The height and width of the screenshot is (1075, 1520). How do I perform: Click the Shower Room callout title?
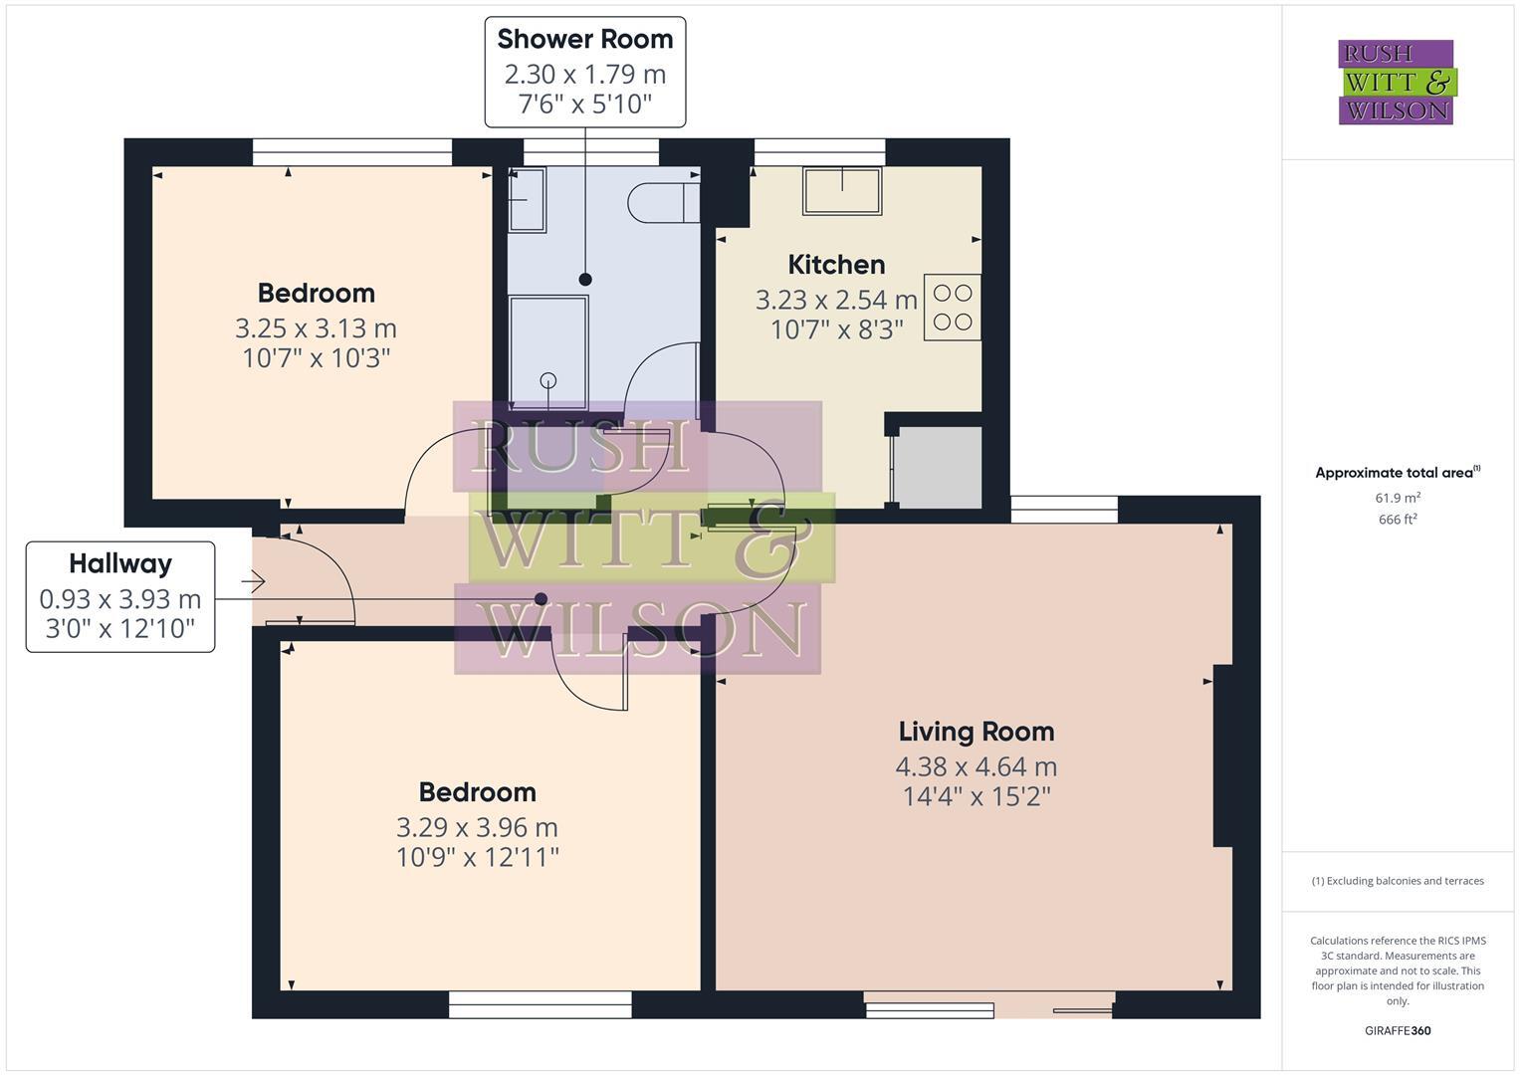(584, 39)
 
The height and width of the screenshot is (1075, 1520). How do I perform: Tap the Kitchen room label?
(836, 265)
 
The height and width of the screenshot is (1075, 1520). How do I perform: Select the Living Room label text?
(976, 732)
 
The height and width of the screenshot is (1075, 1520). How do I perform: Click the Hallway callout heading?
(120, 564)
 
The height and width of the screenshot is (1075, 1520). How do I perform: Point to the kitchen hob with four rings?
(952, 308)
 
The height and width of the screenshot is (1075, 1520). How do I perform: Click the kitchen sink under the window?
(842, 191)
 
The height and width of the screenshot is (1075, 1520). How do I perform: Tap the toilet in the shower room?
(662, 203)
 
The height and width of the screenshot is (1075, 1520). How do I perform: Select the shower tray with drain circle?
(547, 350)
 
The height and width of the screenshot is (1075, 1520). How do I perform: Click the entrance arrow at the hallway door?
(253, 581)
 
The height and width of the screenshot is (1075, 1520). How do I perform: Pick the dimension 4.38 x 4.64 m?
(976, 766)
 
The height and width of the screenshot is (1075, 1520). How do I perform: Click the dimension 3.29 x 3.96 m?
(477, 827)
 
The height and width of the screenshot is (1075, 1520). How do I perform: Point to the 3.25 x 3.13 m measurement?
(316, 327)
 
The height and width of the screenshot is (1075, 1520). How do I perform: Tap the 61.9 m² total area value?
(1397, 498)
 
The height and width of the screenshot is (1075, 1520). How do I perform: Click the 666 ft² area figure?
(1397, 519)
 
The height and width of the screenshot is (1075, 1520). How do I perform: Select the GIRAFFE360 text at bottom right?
(1397, 1030)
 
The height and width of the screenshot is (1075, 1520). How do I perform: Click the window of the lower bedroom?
(540, 1004)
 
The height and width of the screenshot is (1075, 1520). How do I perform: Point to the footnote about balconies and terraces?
(1397, 881)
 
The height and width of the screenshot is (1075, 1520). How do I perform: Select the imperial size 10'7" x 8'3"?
(836, 329)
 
